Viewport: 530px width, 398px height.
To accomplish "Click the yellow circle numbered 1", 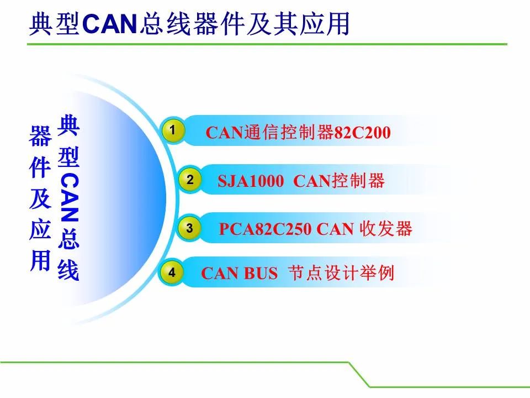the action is click(173, 130).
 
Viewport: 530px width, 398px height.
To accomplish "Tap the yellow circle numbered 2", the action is click(190, 179).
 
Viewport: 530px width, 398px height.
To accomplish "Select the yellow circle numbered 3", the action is click(189, 228).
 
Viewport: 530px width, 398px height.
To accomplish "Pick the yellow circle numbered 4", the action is click(172, 272).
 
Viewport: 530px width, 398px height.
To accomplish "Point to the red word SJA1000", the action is click(251, 181).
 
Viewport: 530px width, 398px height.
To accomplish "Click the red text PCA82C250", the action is click(266, 229).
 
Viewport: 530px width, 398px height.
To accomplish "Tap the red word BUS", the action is click(261, 273).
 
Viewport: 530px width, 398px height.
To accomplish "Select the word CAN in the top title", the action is click(110, 24).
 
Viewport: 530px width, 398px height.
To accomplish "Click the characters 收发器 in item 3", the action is click(386, 229).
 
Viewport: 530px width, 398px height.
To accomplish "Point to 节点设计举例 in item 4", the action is click(341, 273).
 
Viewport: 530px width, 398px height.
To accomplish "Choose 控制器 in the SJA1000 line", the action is click(358, 180).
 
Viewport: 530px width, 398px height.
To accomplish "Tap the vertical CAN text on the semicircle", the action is click(69, 197).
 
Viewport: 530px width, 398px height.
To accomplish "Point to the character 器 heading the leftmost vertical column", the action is click(40, 136).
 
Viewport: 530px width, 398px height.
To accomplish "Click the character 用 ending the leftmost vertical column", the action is click(40, 260).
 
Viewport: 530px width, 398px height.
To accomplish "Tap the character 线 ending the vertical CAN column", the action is click(68, 270).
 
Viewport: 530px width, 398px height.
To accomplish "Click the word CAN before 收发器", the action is click(335, 229).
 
